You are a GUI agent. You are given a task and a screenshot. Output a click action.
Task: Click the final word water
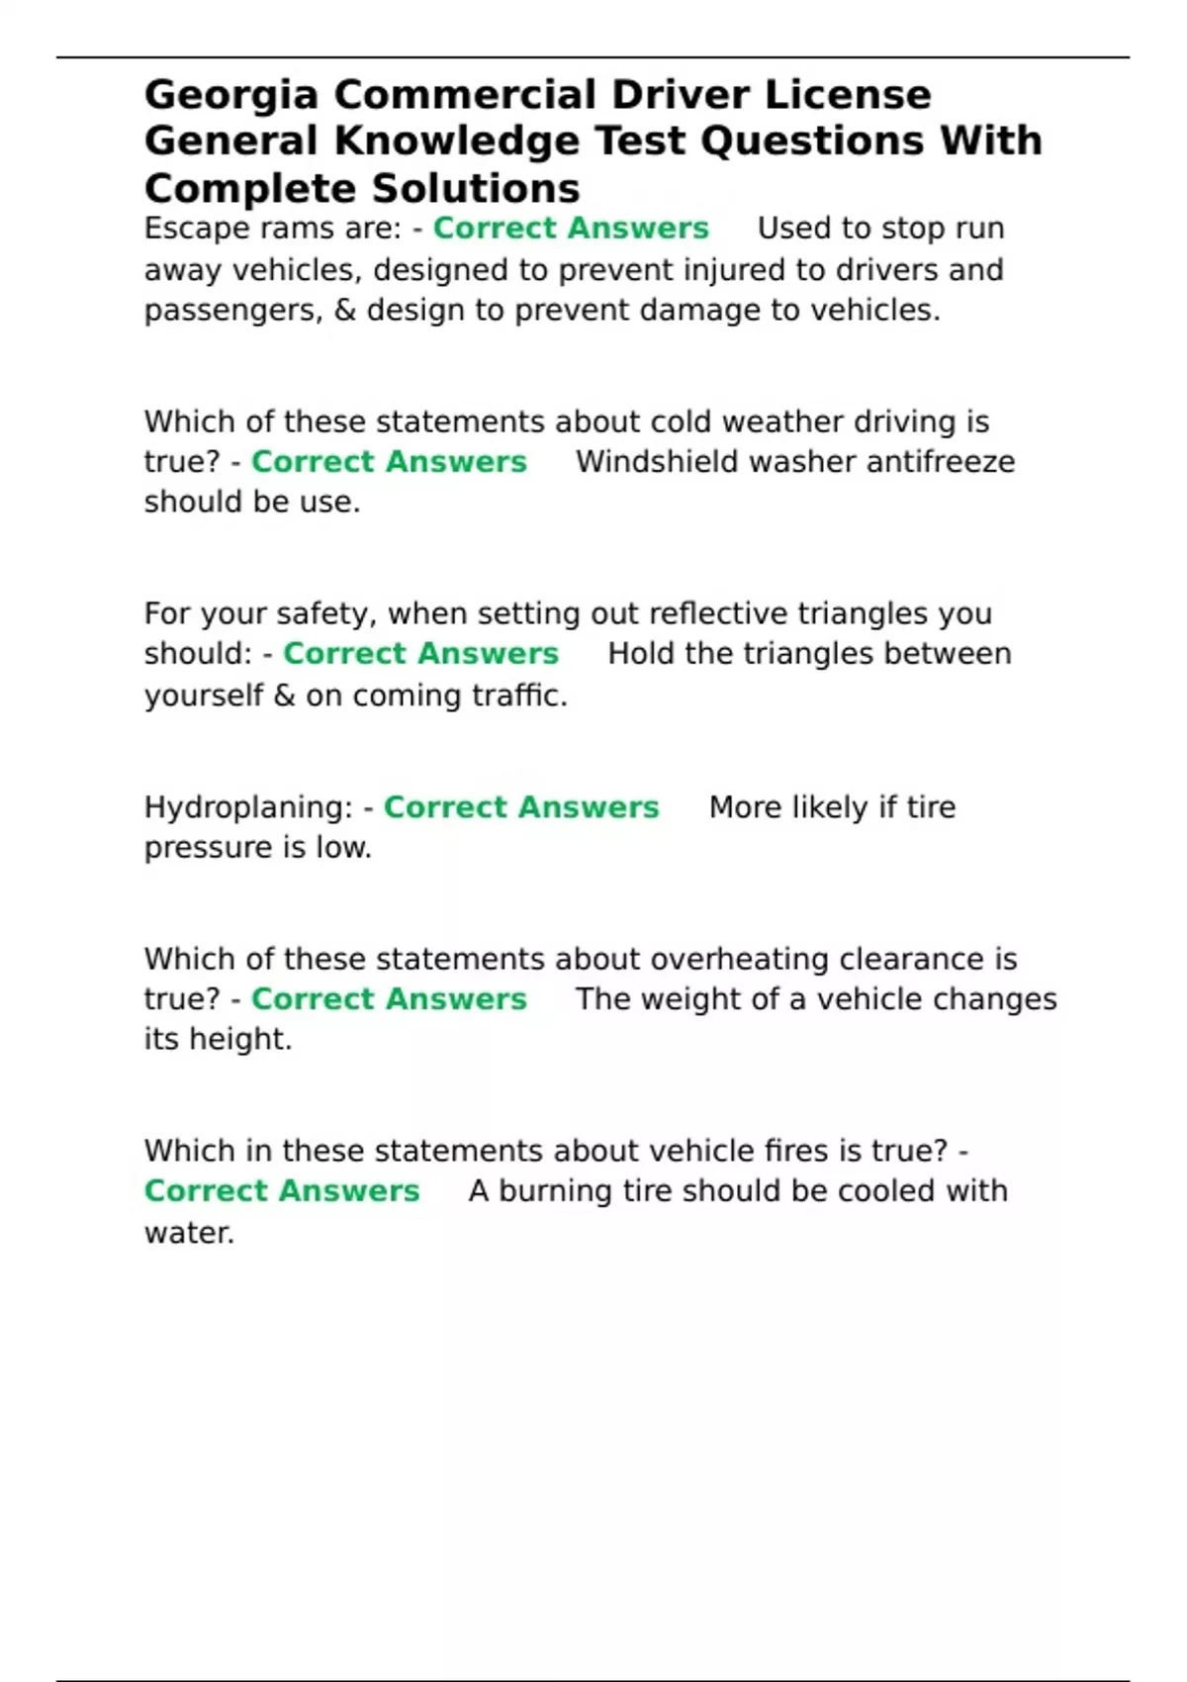pos(189,1233)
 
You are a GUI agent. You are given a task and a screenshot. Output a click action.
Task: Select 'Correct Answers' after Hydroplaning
pos(521,807)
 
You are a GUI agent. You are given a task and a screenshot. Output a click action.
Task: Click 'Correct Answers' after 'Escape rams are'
pos(571,229)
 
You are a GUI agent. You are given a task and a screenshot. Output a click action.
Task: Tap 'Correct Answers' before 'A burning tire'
pos(282,1191)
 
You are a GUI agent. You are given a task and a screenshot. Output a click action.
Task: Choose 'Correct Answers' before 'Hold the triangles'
pos(420,654)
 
